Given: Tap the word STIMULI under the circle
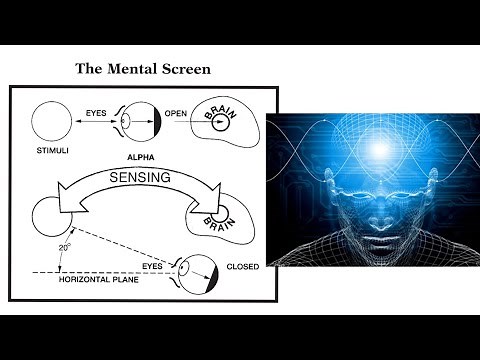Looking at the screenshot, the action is (50, 156).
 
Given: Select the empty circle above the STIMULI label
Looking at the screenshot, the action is (50, 125).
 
